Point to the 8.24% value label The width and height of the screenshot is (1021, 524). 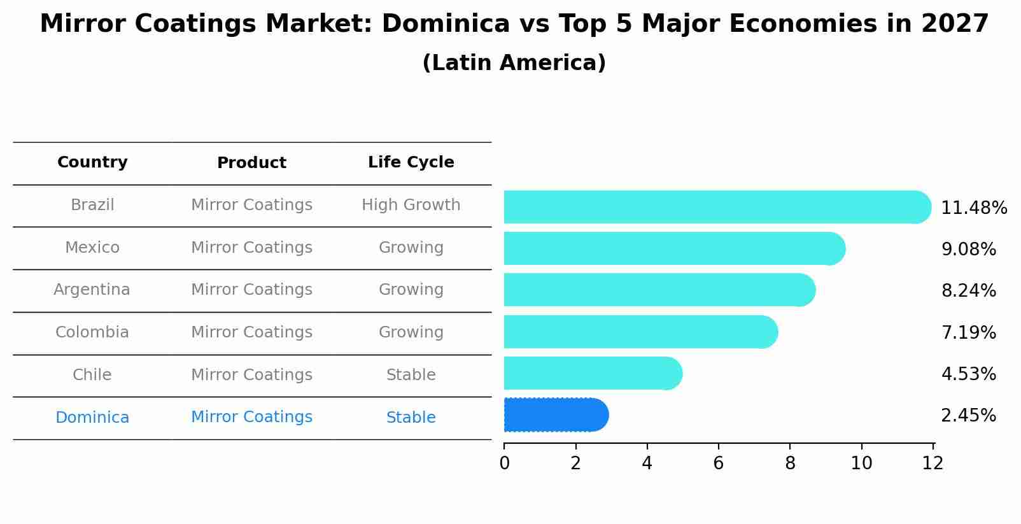pos(968,291)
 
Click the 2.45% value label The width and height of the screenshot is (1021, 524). pos(968,416)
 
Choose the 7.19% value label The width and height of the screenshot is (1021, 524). pos(968,332)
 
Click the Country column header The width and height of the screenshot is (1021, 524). pos(92,162)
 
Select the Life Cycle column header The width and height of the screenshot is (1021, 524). pos(411,162)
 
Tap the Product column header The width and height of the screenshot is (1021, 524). pos(251,163)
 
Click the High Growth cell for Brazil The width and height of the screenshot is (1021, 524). pos(411,205)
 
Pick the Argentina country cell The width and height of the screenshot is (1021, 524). pos(92,290)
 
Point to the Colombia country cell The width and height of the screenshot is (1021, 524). pos(92,332)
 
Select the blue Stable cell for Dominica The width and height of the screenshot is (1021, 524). pos(411,418)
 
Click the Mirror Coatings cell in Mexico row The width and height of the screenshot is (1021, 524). pos(251,248)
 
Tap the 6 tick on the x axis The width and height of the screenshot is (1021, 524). pos(719,463)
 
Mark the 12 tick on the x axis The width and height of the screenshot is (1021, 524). pos(933,463)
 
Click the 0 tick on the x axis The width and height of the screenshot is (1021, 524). pos(504,463)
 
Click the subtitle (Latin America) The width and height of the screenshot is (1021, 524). pos(514,63)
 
